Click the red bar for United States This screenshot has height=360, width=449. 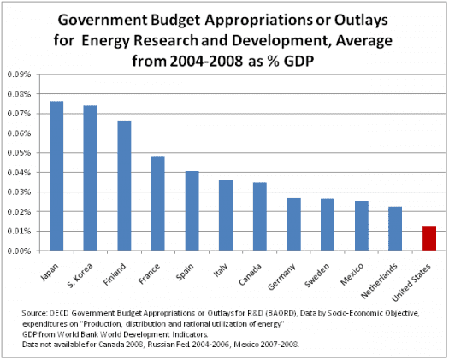click(x=429, y=239)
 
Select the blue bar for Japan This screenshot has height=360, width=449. click(x=56, y=176)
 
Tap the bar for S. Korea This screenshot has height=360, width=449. click(x=90, y=178)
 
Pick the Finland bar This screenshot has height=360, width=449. click(x=124, y=186)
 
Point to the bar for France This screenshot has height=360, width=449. click(x=158, y=204)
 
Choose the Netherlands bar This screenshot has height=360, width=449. click(x=395, y=229)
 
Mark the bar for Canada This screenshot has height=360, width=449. click(x=260, y=216)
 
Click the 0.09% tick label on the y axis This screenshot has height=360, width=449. click(x=19, y=74)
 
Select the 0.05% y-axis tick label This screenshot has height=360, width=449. click(x=19, y=153)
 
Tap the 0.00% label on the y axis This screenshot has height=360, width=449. click(x=19, y=251)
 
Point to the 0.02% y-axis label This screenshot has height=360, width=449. click(x=19, y=212)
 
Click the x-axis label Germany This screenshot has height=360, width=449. click(x=281, y=277)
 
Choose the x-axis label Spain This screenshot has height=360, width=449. click(x=185, y=272)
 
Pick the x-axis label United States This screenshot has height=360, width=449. click(x=411, y=283)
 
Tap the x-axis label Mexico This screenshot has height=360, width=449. click(x=352, y=274)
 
